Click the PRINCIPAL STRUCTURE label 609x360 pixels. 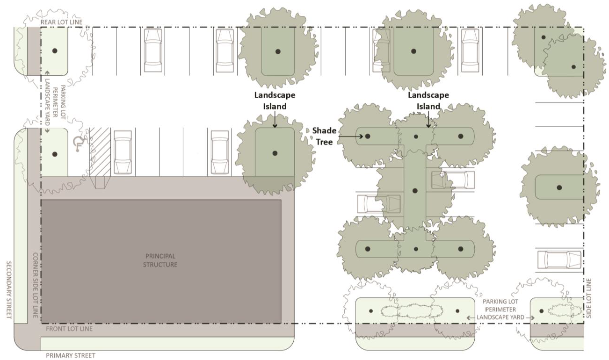tap(160, 260)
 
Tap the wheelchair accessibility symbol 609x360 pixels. tap(79, 144)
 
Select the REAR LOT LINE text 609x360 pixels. tap(61, 22)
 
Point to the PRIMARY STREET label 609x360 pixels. tap(71, 355)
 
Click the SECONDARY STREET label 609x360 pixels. tap(9, 290)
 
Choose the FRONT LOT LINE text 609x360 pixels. tap(69, 329)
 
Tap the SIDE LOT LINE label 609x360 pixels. tap(588, 298)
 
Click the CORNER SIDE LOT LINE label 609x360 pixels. tap(36, 285)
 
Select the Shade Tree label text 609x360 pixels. tap(324, 136)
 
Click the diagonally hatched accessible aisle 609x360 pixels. tap(100, 151)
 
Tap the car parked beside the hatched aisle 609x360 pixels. tap(123, 152)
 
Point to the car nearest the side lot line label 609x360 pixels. tap(559, 260)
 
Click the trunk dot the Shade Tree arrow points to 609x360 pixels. tap(368, 136)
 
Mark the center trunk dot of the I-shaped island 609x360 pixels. tap(415, 191)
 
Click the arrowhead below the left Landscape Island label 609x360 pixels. tap(275, 126)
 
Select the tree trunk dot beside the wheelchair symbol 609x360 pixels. tap(55, 154)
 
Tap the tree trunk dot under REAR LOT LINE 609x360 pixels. tap(55, 50)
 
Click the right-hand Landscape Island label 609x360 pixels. tap(428, 101)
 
